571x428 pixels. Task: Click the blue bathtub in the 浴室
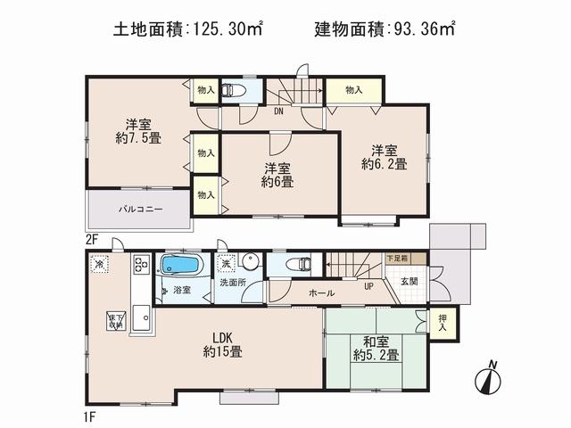click(181, 266)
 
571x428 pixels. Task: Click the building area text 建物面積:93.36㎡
click(385, 29)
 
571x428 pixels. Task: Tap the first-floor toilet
click(301, 264)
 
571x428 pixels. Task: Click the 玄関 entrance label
click(408, 282)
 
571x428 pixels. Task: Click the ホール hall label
click(321, 292)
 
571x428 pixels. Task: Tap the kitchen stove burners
click(141, 265)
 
